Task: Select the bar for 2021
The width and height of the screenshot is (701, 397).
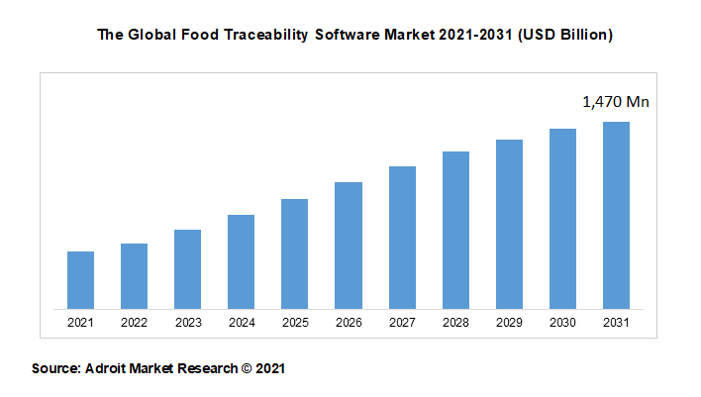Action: point(81,280)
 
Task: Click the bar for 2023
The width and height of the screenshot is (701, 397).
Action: point(188,269)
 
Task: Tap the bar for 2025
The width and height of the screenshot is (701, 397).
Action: point(295,253)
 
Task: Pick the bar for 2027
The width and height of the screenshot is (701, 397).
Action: point(402,238)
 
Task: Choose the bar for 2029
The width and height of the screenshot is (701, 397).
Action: point(509,224)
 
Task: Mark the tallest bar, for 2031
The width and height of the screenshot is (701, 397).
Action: point(616,215)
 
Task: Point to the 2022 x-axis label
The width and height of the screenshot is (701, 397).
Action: point(135,323)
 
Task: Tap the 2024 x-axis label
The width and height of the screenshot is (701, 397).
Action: point(242,323)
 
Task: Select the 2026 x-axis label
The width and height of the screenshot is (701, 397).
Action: point(349,323)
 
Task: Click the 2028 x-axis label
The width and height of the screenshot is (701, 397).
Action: point(455,323)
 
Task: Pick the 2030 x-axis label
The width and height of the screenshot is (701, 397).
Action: point(562,323)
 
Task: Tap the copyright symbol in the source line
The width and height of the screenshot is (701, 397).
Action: point(247,368)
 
